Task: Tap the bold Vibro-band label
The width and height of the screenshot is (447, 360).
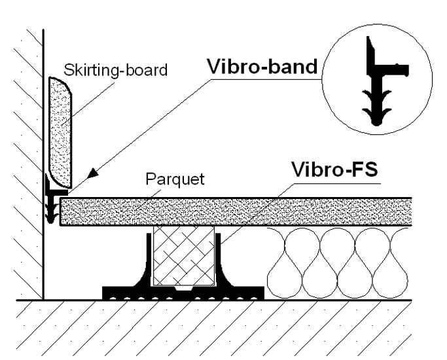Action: [x=262, y=67]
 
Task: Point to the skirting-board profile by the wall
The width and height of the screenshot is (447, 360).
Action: [x=61, y=131]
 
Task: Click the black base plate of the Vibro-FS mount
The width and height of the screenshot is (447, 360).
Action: [x=183, y=293]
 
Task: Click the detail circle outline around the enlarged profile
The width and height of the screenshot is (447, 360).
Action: [x=325, y=72]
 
